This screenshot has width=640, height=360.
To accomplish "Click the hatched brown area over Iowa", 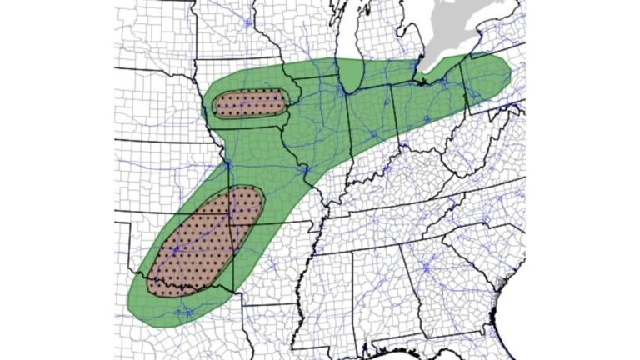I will (x=249, y=104).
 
